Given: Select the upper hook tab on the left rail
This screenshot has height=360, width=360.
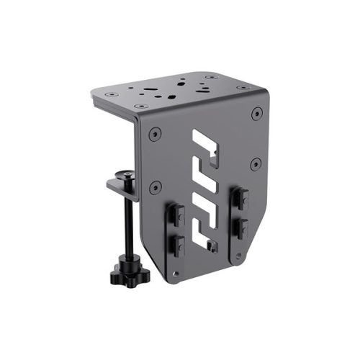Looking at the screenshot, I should point(176,215).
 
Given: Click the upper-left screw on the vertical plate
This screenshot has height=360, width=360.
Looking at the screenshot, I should point(153,135).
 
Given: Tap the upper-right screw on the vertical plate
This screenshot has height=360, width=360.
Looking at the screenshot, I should point(256,114).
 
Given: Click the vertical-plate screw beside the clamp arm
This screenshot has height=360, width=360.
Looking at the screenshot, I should point(153,188).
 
